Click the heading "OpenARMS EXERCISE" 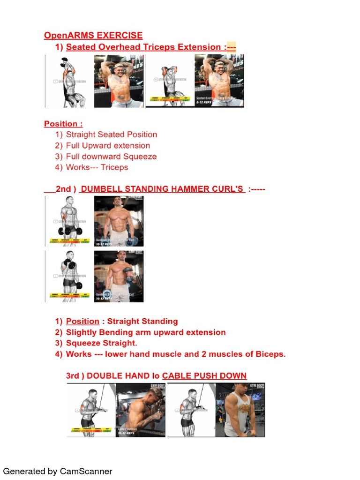coord(93,36)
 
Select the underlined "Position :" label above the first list coord(63,124)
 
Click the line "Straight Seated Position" coord(111,135)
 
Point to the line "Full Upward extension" coord(108,146)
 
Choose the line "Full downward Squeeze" coord(111,157)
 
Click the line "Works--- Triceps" coord(97,167)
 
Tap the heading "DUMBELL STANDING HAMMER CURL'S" coord(162,189)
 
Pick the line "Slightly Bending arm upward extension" coord(145,332)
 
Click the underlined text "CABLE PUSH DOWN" coord(204,376)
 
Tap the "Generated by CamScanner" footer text coord(58,471)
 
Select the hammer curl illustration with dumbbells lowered coord(69,221)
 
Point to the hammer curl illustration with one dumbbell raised coord(69,276)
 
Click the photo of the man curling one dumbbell coord(119,276)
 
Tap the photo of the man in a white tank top coord(240,410)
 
